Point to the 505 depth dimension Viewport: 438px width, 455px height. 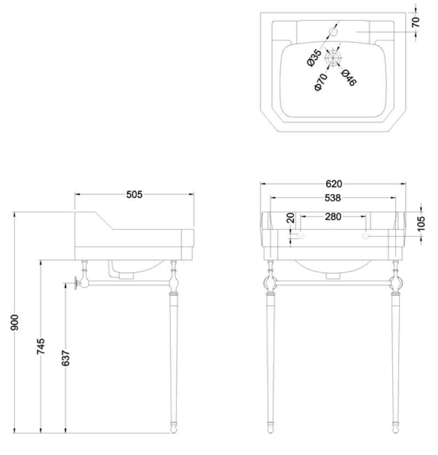click(134, 194)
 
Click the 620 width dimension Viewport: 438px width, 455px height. click(333, 184)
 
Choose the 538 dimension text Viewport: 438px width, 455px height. click(333, 198)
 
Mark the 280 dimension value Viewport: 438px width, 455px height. click(333, 217)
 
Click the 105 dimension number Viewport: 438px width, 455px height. click(421, 224)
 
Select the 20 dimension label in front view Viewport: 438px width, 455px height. click(291, 218)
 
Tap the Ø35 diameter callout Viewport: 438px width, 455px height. click(314, 58)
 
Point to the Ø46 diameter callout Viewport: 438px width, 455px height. click(349, 77)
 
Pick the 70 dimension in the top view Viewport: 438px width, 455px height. click(416, 22)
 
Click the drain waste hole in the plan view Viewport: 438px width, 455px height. click(333, 57)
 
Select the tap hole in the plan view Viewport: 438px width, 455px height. click(333, 32)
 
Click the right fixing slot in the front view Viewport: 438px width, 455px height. click(366, 236)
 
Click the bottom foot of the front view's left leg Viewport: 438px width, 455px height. click(270, 426)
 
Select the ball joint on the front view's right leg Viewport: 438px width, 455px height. click(396, 283)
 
